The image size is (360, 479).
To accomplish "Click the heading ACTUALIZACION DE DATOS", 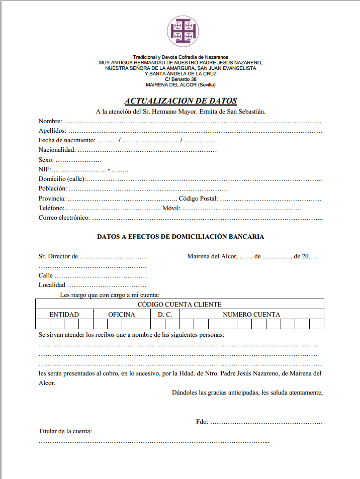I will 181,101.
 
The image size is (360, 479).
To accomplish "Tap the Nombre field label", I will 50,121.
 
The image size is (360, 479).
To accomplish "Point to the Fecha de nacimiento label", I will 67,140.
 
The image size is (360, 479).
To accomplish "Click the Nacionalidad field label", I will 57,150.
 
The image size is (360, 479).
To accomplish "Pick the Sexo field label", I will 46,160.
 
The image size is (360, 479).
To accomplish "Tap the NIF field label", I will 44,169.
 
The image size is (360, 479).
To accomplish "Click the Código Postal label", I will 198,199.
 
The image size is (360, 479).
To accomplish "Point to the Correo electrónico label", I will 64,218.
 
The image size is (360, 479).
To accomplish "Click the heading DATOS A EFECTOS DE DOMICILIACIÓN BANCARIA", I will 181,236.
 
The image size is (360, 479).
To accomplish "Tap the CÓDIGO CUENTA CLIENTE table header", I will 179,305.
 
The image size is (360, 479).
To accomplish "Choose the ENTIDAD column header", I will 64,315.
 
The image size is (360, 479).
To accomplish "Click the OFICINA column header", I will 122,315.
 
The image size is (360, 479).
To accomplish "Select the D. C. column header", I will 165,315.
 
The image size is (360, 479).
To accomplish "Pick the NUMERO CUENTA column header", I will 251,315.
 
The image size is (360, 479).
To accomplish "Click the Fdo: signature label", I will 202,422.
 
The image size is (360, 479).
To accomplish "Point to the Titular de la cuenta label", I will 65,431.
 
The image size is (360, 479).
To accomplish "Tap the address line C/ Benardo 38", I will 181,79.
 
